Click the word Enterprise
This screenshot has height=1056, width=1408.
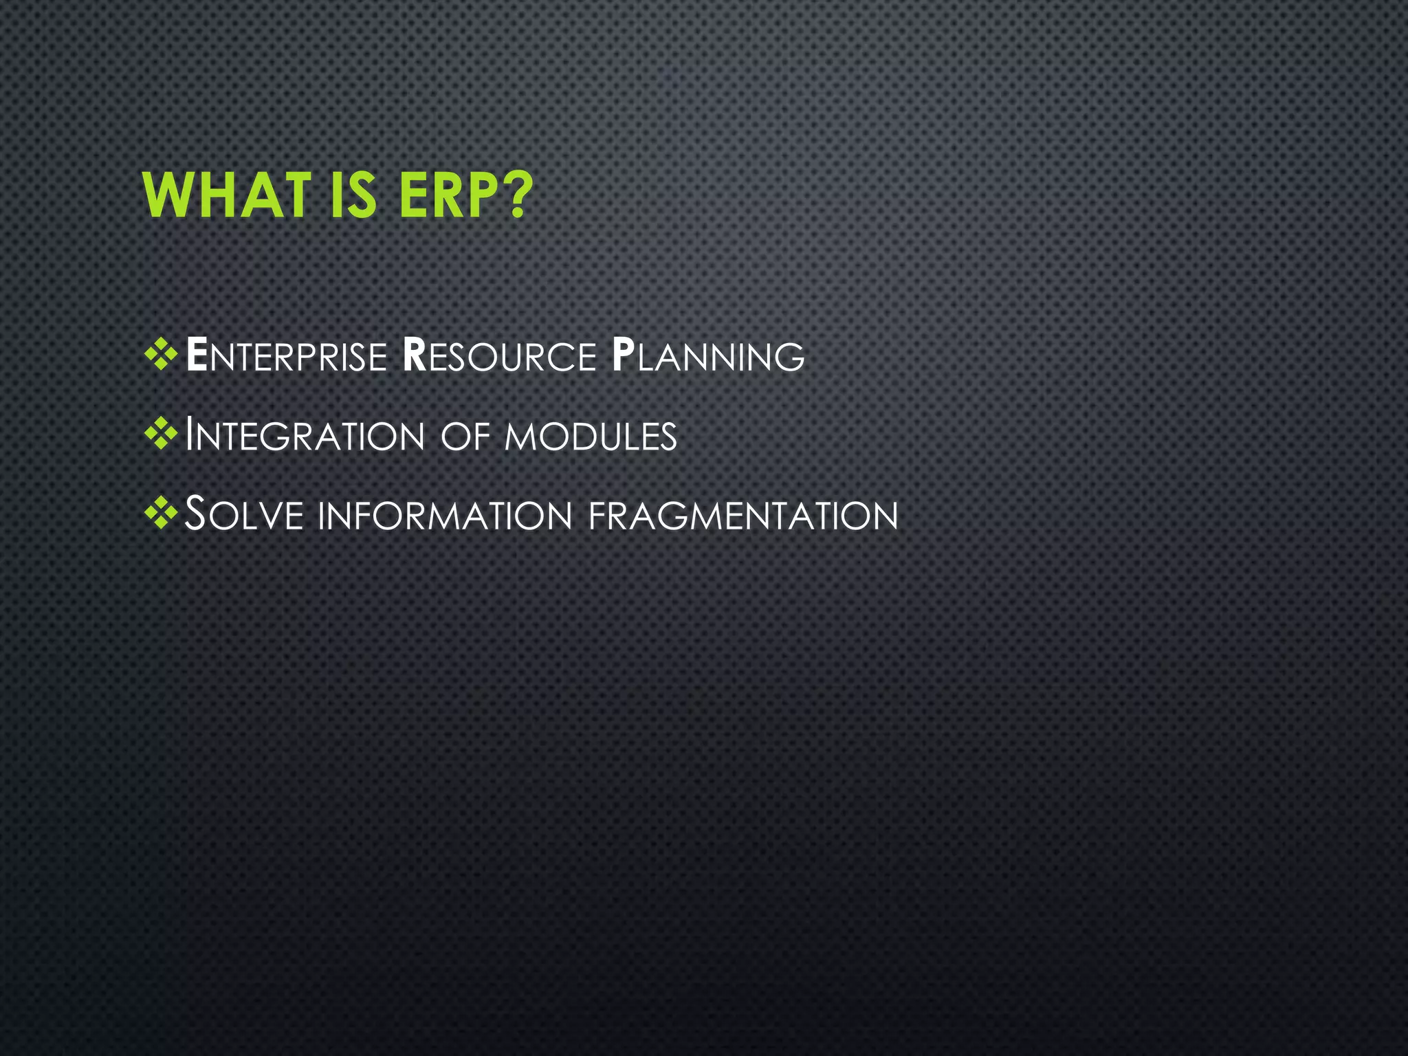pyautogui.click(x=287, y=357)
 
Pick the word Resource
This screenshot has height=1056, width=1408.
pyautogui.click(x=499, y=357)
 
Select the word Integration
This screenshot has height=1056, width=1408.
pyautogui.click(x=305, y=437)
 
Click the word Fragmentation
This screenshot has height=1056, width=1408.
pyautogui.click(x=743, y=516)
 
